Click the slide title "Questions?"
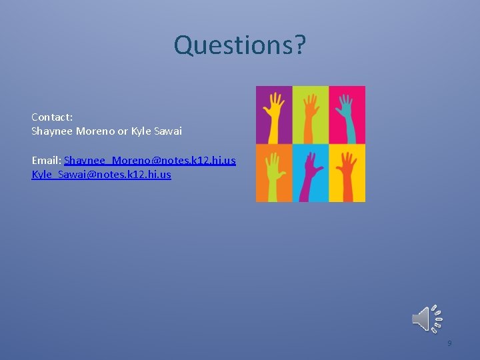click(239, 45)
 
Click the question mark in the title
click(299, 45)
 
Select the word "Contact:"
click(52, 117)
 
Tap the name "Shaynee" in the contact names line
click(52, 131)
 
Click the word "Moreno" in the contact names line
click(95, 131)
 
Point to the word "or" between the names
click(123, 131)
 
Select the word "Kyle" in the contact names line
click(141, 131)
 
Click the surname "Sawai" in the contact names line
click(168, 131)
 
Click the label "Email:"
click(46, 161)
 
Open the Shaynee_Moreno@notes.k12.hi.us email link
click(150, 161)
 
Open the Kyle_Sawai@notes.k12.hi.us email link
click(101, 175)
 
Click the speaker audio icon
click(427, 319)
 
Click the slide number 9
click(449, 343)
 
